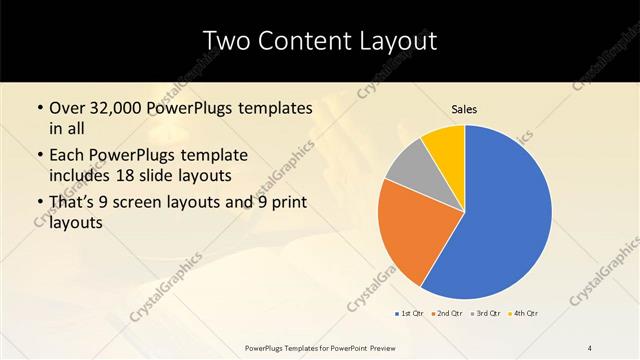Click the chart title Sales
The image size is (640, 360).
(x=464, y=108)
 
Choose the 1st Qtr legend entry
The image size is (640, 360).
(x=410, y=314)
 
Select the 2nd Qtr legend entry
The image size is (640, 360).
(x=447, y=314)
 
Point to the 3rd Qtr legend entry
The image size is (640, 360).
(x=485, y=314)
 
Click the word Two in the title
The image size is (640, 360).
(x=229, y=41)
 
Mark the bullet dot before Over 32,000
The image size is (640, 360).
(x=38, y=108)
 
